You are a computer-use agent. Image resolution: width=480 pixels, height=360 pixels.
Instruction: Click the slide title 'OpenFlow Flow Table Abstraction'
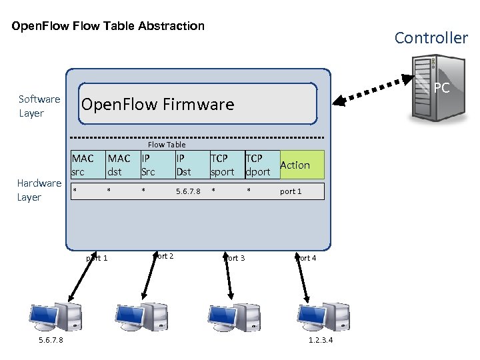(108, 27)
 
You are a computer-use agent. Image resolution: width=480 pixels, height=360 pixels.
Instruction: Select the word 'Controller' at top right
(431, 38)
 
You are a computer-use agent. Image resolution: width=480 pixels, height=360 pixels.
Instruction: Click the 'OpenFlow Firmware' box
(197, 104)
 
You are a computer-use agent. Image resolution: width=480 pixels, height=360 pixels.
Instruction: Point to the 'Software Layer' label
(39, 106)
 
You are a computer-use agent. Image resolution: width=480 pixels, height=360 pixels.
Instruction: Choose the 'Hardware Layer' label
(39, 190)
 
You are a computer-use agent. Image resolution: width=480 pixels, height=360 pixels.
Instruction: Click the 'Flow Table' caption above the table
(167, 145)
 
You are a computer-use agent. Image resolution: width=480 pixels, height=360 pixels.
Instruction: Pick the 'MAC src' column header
(83, 165)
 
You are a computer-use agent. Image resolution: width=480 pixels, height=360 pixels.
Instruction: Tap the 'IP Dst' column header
(183, 165)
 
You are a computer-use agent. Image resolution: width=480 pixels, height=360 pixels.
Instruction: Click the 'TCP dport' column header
(258, 165)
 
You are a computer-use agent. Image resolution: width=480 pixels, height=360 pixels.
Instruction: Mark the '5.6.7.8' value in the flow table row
(188, 192)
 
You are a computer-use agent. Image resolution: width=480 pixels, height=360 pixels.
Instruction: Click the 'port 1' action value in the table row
(291, 192)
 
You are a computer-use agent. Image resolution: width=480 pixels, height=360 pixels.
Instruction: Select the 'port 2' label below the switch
(164, 256)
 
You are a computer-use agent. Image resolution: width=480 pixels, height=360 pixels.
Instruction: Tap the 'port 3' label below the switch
(235, 258)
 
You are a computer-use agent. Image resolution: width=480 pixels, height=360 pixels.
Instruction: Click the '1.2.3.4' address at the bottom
(321, 341)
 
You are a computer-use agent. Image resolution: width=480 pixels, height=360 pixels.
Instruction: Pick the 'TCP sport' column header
(222, 165)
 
